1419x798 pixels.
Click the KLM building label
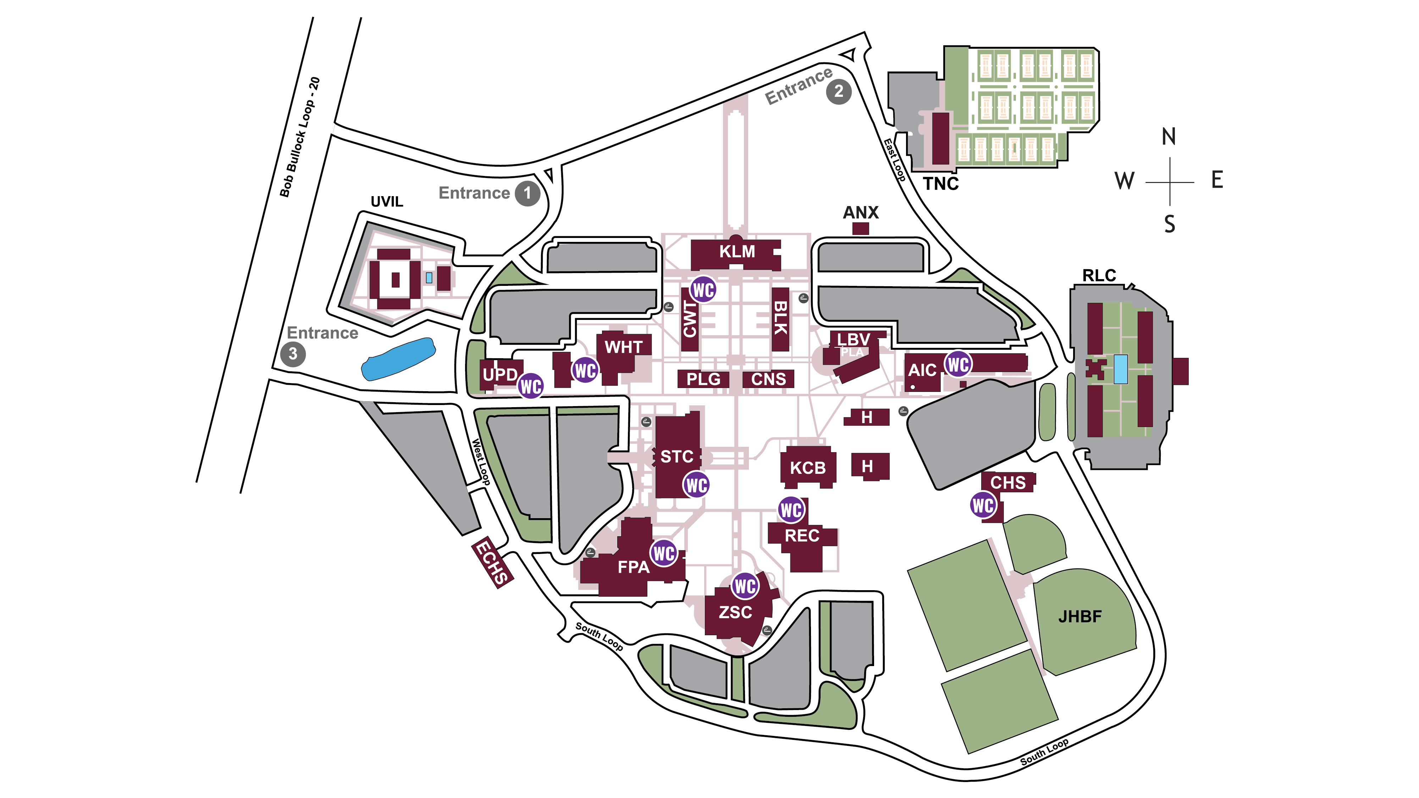tap(736, 252)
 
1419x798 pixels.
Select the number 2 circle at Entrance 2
tap(838, 92)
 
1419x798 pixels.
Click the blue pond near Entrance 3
tap(398, 359)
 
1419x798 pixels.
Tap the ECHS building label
tap(492, 562)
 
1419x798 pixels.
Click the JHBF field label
tap(1079, 616)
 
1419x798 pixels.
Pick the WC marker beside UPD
tap(530, 387)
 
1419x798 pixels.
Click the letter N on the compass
tap(1168, 137)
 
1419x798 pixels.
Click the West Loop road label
tap(480, 461)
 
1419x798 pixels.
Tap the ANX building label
tap(860, 212)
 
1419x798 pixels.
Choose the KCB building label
tap(807, 468)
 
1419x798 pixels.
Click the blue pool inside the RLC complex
tap(1120, 369)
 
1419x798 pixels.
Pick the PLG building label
tap(703, 379)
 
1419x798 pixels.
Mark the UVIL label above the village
tap(387, 201)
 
